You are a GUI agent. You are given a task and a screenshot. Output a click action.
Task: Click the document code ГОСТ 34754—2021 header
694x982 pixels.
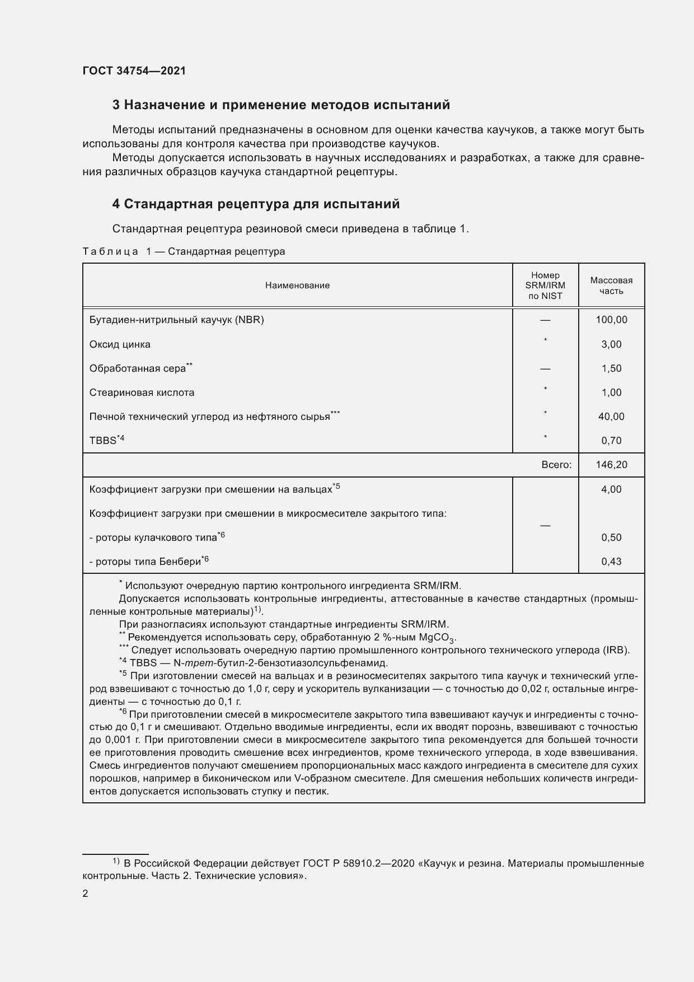134,71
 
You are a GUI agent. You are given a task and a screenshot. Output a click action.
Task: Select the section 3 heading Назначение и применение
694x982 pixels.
281,105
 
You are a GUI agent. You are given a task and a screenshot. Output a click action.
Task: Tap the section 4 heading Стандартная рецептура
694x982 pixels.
256,204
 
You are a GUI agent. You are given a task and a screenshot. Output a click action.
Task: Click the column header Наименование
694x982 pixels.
297,286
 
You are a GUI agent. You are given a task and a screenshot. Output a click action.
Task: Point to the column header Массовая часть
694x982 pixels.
611,286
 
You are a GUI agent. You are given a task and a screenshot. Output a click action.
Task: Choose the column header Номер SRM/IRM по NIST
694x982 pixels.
545,286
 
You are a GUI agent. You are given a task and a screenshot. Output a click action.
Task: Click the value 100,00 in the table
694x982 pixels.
611,320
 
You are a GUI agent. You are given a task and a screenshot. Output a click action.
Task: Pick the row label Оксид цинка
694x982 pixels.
120,344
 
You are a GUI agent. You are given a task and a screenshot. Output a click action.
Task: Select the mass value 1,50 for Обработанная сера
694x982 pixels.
611,368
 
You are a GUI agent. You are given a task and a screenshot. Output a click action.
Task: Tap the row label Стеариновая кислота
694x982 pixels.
142,392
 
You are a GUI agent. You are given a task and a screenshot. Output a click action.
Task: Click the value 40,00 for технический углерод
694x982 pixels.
611,417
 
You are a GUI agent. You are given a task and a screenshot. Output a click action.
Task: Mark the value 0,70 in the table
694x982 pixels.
611,441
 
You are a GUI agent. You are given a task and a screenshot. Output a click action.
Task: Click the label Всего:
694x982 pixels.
556,465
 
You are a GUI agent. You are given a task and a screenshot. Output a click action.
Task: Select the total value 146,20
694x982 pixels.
611,465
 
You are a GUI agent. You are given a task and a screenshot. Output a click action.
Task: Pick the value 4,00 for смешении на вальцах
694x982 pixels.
611,489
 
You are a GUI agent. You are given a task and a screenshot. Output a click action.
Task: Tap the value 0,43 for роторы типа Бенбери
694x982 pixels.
611,562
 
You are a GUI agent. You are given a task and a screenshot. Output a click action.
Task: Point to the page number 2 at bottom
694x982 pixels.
85,894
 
